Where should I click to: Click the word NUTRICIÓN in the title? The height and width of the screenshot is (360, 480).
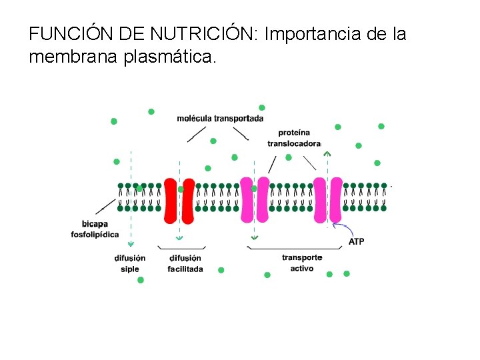(204, 33)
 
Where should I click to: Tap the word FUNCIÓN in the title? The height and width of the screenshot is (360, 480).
(65, 33)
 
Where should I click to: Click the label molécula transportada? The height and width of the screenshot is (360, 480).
(220, 119)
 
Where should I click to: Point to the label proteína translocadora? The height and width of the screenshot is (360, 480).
(294, 138)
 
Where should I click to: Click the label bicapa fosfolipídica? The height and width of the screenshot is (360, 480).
(95, 229)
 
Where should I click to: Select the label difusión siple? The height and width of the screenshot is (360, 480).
(130, 263)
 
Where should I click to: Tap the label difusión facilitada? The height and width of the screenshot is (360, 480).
(185, 263)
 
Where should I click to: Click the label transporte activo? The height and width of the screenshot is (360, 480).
(302, 263)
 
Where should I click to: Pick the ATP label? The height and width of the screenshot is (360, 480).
(357, 241)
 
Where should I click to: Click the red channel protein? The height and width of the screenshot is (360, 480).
(179, 200)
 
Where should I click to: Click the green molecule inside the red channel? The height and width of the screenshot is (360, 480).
(181, 189)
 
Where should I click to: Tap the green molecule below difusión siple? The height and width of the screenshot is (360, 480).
(141, 280)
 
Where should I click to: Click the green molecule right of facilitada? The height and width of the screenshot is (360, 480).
(221, 270)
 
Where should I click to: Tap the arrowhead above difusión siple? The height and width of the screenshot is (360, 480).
(131, 244)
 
